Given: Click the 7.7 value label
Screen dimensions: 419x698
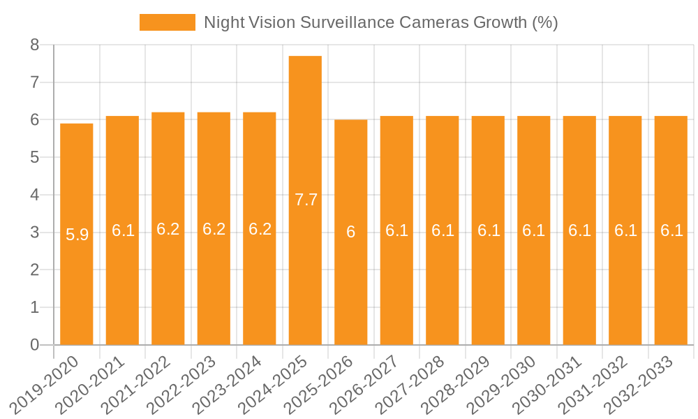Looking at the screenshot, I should [x=306, y=200].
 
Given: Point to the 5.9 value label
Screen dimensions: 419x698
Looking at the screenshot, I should [x=77, y=235].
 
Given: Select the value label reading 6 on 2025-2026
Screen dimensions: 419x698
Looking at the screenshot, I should [x=350, y=233].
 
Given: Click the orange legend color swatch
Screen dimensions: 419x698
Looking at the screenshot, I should [x=168, y=22].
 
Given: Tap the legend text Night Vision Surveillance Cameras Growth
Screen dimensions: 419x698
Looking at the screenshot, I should [x=380, y=22].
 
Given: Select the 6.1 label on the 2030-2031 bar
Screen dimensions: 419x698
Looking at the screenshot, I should [x=579, y=230].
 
